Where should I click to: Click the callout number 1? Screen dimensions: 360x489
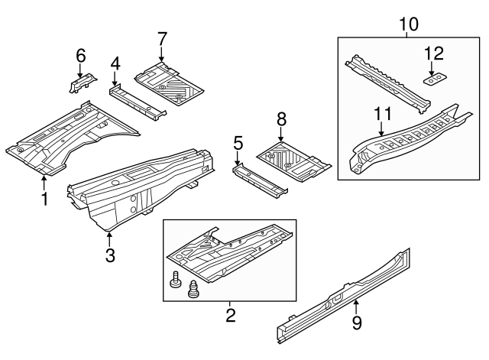click(x=44, y=200)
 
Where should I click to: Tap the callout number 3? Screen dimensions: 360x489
click(x=110, y=255)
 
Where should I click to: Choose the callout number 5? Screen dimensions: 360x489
click(x=238, y=142)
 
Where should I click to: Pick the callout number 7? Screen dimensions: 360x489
click(x=161, y=37)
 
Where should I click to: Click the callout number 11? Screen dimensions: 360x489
click(x=383, y=114)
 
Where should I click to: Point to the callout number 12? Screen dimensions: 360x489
click(x=433, y=53)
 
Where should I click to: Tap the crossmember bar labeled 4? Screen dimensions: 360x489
click(x=138, y=102)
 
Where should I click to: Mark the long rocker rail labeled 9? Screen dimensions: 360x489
click(x=344, y=295)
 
